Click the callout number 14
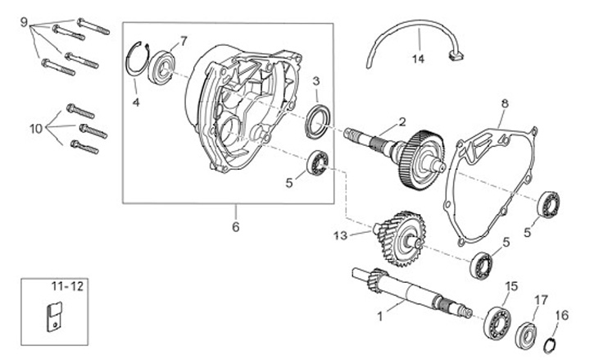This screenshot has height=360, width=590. (419, 59)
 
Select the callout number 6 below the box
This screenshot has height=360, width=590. (235, 227)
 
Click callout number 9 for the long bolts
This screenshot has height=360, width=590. (23, 20)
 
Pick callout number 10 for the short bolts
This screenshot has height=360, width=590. (35, 128)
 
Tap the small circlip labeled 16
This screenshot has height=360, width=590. (555, 344)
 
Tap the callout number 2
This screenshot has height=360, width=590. (402, 121)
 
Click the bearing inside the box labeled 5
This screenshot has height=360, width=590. (317, 163)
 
